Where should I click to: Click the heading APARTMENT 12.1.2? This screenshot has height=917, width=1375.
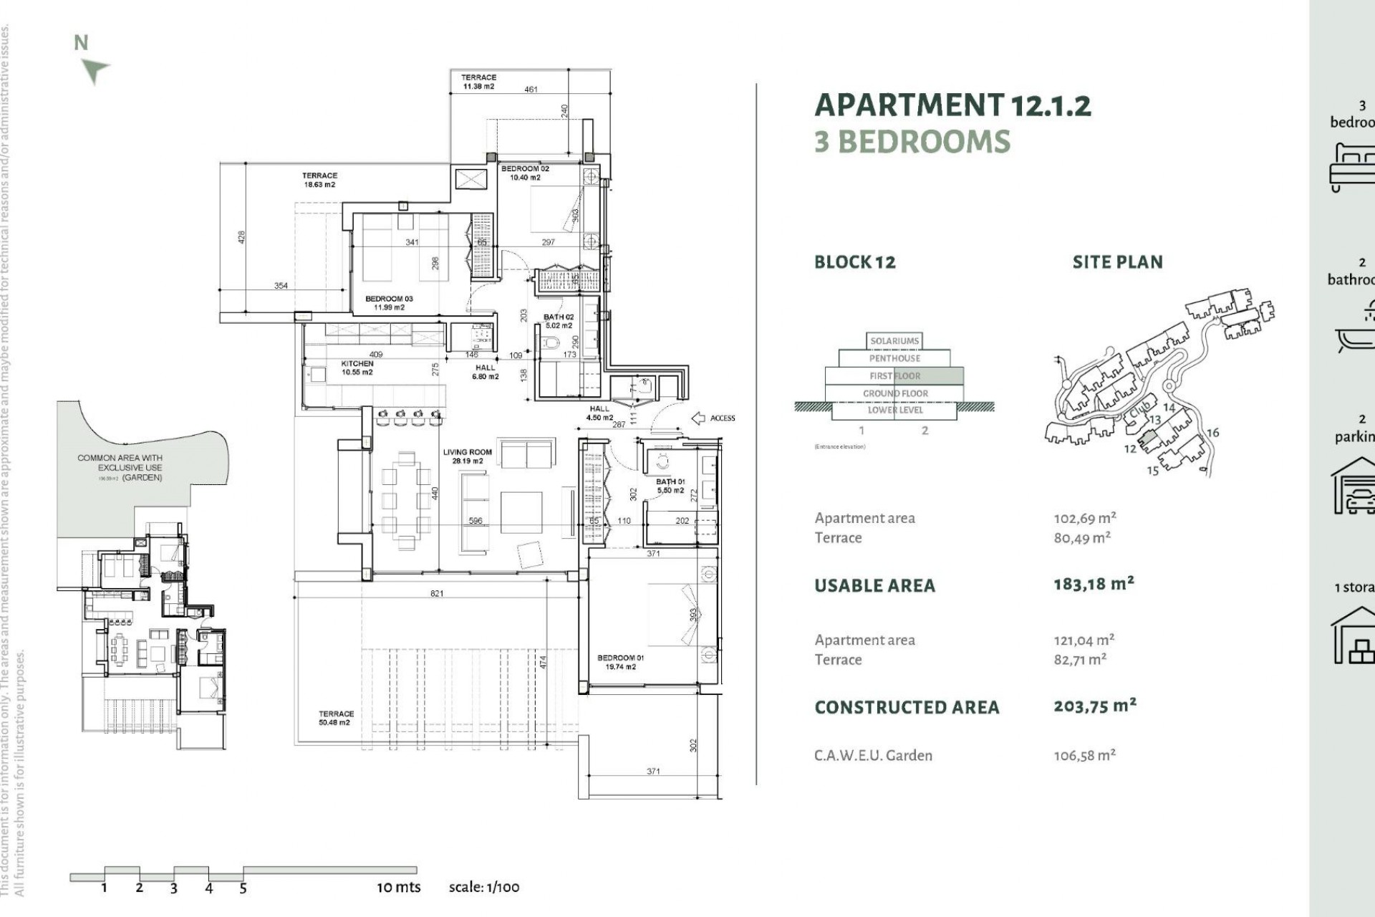pos(952,105)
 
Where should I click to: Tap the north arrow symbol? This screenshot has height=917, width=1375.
pos(95,70)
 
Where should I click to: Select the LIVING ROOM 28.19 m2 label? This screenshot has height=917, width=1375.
pos(467,456)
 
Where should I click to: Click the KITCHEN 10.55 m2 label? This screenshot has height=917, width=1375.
pos(357,368)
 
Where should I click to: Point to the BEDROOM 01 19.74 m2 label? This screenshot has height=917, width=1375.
pos(620,662)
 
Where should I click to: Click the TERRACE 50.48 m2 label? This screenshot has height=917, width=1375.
pos(335,718)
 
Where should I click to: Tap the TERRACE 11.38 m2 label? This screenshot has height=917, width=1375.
pos(478,82)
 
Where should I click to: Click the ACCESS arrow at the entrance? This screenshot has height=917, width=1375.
pos(699,418)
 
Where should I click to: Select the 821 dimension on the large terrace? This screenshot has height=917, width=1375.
pos(437,593)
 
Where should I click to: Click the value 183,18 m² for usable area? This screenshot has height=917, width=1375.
pos(1094,584)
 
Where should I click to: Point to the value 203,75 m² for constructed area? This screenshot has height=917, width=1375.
pos(1094,706)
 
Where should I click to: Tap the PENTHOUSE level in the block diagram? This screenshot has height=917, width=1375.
pos(894,358)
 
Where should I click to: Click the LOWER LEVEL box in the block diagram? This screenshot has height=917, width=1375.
pos(894,411)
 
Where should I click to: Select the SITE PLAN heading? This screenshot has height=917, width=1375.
pos(1117,262)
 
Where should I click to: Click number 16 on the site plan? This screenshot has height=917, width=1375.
pos(1212,433)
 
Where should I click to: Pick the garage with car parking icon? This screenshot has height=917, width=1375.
pos(1354,487)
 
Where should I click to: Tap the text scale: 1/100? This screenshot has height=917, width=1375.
pos(484,887)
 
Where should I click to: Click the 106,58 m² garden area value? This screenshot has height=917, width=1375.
pos(1084,755)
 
